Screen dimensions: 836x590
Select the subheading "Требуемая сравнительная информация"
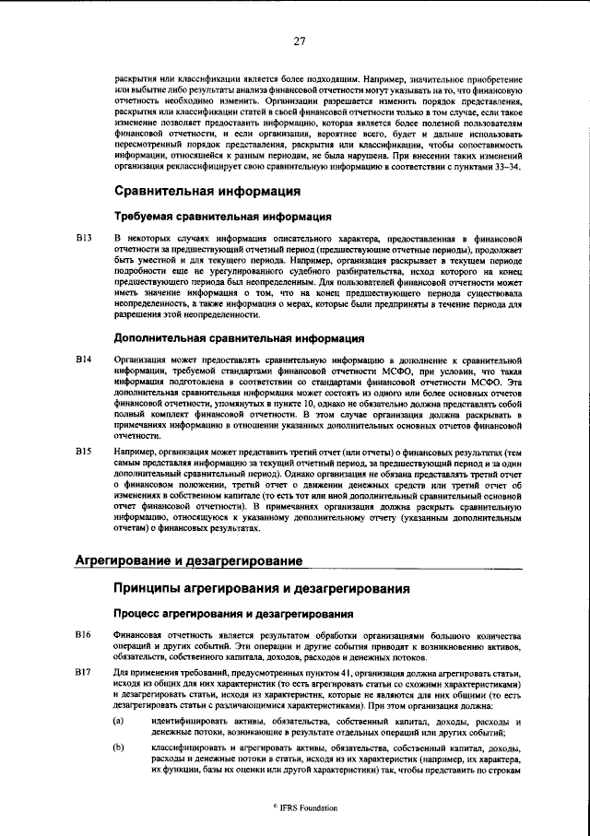pos(222,217)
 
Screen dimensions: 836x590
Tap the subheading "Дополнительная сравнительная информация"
pos(239,338)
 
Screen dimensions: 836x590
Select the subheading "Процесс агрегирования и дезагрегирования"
pos(234,613)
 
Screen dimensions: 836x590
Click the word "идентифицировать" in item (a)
pos(192,719)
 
